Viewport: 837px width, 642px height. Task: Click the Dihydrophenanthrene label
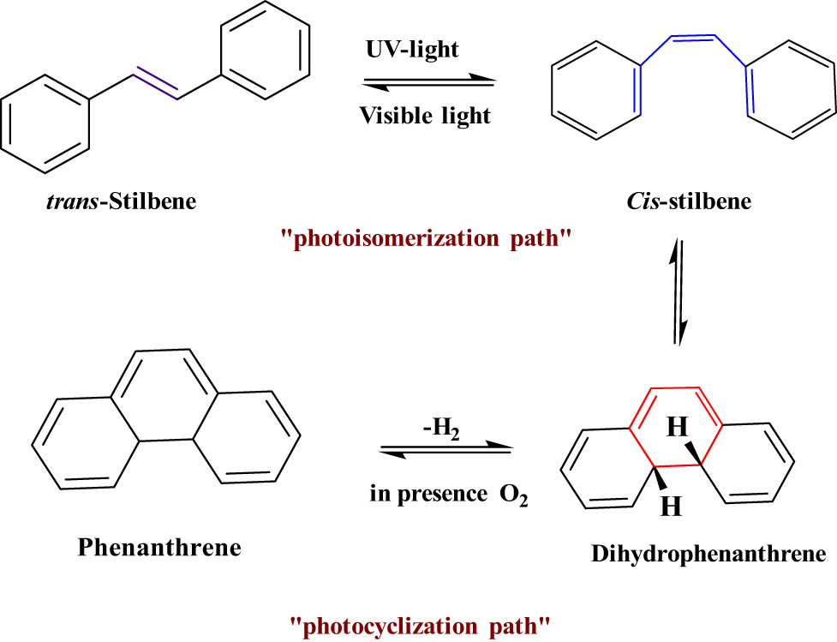[x=708, y=554]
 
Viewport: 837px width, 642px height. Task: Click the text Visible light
[x=426, y=115]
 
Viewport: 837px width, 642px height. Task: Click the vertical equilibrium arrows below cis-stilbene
[x=677, y=291]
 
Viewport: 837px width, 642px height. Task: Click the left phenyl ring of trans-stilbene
[x=45, y=127]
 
